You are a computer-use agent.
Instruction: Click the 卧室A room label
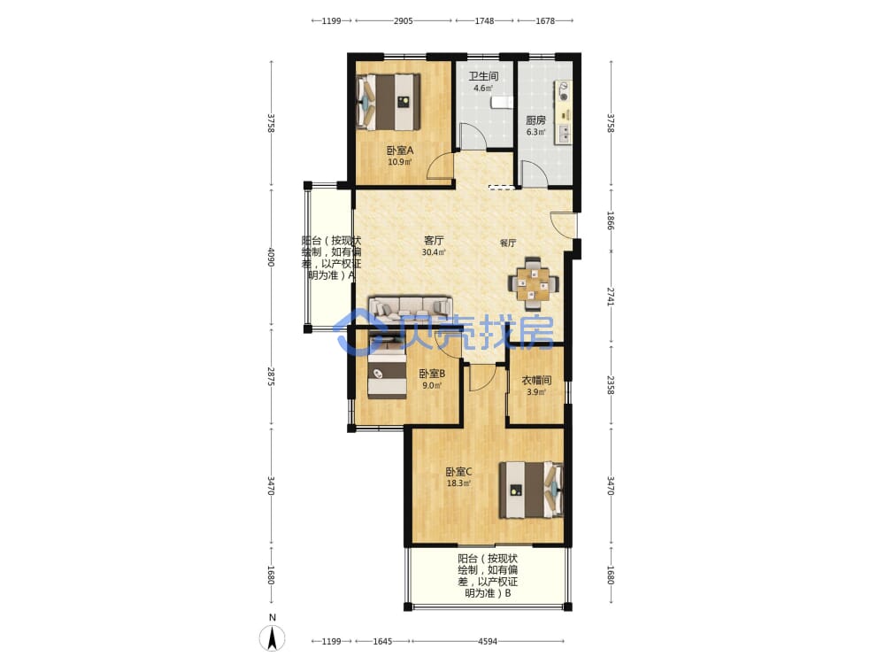(400, 151)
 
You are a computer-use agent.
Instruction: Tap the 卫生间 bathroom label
(484, 75)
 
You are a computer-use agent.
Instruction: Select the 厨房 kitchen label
(535, 120)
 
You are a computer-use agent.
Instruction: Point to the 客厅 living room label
(434, 240)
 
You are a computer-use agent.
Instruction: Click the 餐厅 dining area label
(508, 243)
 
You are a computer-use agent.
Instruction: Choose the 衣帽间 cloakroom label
(536, 380)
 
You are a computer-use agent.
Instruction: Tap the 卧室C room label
(458, 472)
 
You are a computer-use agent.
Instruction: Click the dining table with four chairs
(533, 284)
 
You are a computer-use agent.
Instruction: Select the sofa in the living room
(411, 308)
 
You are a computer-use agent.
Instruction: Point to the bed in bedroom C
(531, 490)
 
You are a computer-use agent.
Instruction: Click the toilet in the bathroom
(502, 102)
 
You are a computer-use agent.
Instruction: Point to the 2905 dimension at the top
(403, 21)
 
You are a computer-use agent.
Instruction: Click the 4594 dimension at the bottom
(488, 641)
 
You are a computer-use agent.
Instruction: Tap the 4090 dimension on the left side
(271, 258)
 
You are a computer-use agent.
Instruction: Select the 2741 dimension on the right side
(610, 297)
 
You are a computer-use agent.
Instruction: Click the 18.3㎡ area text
(458, 483)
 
